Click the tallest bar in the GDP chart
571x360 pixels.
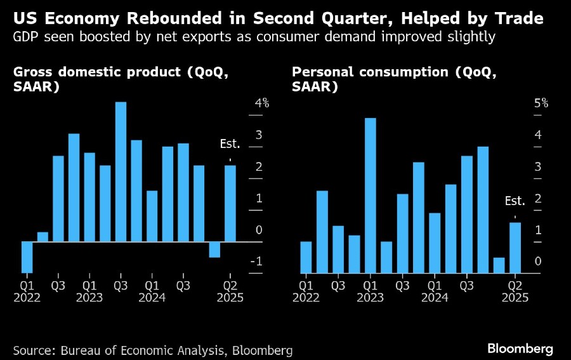121,171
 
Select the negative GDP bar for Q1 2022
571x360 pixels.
27,257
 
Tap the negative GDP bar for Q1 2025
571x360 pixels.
214,250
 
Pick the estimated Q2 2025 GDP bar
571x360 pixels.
230,203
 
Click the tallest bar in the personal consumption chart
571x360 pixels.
370,196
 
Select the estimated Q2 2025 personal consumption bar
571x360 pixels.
515,248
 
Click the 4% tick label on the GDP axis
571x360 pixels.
262,103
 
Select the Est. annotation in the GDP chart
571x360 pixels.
229,143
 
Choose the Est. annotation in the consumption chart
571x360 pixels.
515,201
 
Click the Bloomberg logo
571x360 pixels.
520,349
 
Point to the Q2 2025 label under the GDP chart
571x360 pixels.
230,291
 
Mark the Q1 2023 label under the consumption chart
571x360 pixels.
370,291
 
